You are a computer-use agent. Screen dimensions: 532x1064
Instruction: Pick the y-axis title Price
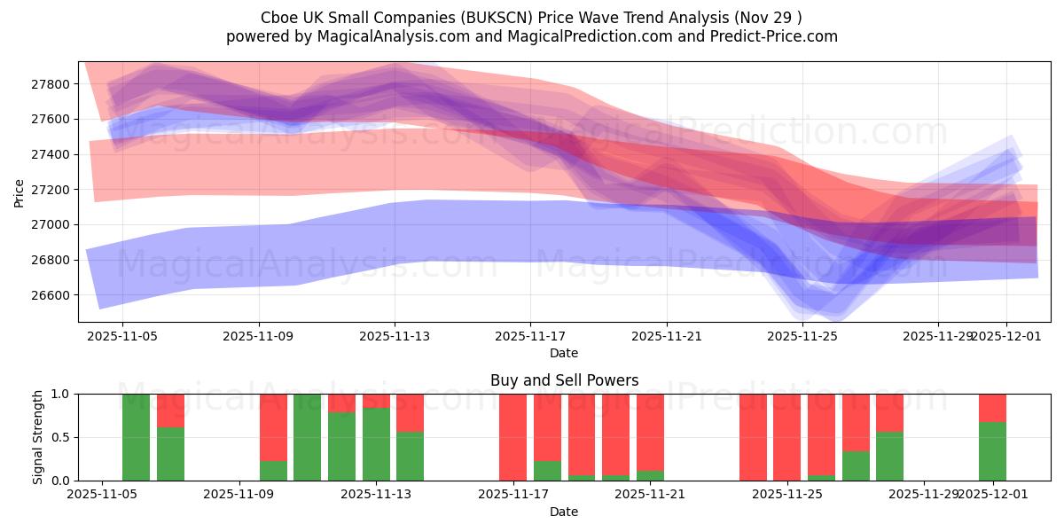click(20, 192)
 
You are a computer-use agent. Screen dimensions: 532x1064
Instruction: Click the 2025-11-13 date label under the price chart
click(395, 337)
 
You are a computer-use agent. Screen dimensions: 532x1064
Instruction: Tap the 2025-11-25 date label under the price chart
click(802, 337)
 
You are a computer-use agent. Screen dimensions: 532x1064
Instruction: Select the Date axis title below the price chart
click(564, 353)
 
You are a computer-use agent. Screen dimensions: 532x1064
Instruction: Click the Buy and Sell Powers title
click(564, 380)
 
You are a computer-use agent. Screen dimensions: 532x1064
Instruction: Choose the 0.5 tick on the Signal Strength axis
click(60, 437)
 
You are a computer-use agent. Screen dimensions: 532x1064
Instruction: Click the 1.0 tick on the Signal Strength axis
click(60, 394)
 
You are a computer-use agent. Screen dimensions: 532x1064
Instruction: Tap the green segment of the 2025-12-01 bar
click(992, 452)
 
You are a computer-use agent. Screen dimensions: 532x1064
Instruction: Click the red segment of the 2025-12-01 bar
click(992, 408)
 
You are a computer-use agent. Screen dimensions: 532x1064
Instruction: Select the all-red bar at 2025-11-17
click(512, 437)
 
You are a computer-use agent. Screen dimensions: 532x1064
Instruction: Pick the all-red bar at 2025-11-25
click(786, 437)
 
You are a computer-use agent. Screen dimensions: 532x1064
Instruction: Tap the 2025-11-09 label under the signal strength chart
click(239, 495)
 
